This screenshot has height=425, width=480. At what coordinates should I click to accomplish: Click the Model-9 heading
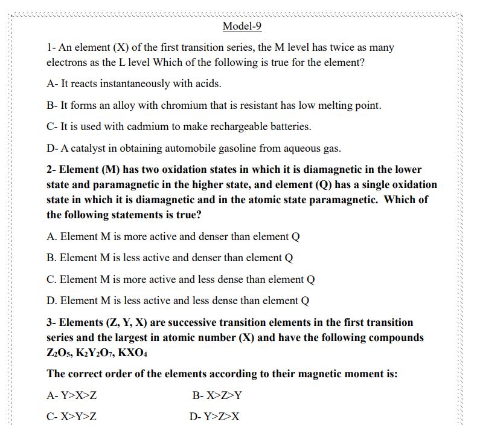click(242, 26)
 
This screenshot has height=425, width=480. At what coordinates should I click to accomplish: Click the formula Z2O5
click(62, 352)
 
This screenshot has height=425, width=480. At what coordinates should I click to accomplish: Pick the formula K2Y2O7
click(107, 352)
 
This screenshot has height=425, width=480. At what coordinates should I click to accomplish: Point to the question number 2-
click(51, 169)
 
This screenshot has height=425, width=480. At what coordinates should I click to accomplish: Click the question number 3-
click(51, 322)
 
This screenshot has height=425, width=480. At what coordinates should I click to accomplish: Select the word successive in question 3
click(174, 322)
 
